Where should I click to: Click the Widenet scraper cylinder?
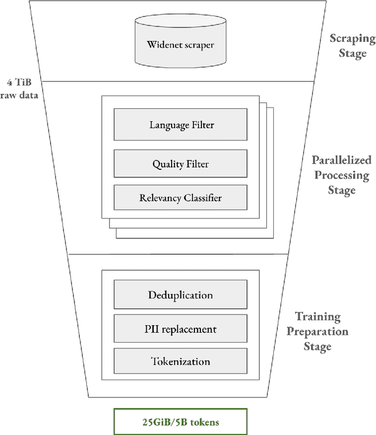180,42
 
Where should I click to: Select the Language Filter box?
180,125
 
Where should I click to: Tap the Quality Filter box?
180,164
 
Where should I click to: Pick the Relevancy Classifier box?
180,198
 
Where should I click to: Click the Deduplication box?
180,295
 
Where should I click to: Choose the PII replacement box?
180,329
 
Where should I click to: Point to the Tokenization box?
180,361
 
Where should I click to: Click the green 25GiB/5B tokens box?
180,421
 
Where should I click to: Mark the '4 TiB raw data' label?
20,88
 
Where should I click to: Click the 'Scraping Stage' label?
351,46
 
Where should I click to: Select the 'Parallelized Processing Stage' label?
341,175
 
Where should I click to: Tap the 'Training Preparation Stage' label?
317,331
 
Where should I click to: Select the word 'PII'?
152,329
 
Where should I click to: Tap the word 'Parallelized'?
341,160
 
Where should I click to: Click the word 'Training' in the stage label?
317,316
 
